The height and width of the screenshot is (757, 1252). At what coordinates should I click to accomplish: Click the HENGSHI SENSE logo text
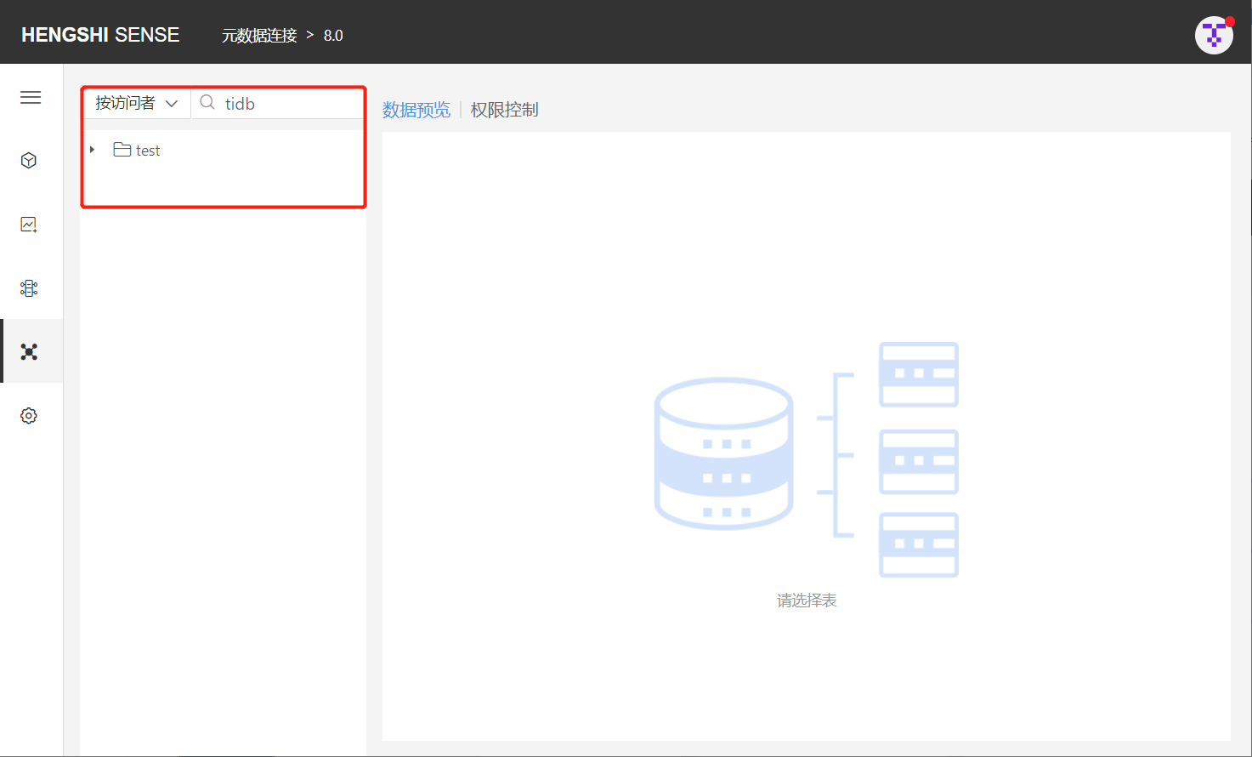tap(100, 35)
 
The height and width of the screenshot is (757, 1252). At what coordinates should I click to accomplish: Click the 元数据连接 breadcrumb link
tap(259, 35)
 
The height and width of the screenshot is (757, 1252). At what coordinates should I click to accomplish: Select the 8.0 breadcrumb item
tap(333, 35)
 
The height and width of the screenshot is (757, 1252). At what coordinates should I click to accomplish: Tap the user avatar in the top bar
tap(1214, 35)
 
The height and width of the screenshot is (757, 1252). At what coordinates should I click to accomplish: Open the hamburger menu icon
tap(31, 97)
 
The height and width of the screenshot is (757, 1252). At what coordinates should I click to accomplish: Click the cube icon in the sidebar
tap(29, 161)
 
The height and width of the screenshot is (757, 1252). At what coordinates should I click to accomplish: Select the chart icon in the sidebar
tap(29, 225)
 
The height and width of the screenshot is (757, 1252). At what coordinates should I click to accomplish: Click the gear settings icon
tap(29, 416)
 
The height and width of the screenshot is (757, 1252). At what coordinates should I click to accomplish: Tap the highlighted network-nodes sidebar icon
tap(29, 352)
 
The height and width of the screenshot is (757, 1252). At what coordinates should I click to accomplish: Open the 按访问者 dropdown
tap(136, 103)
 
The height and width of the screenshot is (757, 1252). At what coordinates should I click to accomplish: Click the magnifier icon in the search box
tap(207, 102)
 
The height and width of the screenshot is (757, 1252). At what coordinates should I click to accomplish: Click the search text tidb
tap(240, 104)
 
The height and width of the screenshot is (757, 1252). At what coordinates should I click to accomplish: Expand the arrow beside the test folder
tap(93, 150)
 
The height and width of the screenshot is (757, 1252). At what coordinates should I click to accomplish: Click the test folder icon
tap(122, 150)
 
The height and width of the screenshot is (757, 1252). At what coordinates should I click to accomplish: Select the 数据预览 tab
tap(416, 110)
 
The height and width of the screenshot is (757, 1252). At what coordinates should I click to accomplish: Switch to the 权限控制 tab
tap(504, 110)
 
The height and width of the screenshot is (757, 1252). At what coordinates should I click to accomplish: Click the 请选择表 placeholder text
tap(807, 600)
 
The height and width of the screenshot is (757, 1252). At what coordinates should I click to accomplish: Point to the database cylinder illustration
tap(724, 453)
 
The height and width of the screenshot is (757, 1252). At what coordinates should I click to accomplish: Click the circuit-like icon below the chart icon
tap(29, 288)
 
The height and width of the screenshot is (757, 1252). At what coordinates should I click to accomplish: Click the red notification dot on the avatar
tap(1230, 22)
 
